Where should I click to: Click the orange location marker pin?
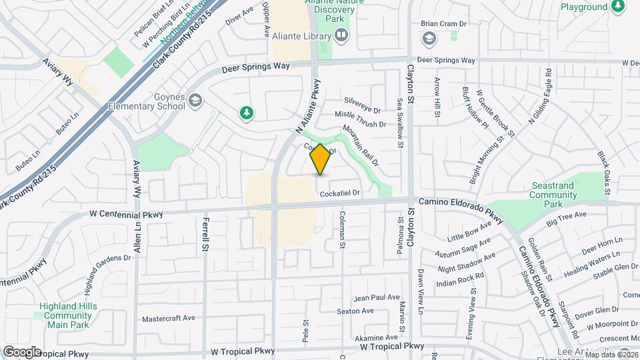320,159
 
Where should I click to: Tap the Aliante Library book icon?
341,35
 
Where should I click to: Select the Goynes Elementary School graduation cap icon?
195,101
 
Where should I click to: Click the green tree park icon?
247,113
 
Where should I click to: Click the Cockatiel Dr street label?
340,193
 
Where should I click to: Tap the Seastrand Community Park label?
553,195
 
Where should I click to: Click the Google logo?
21,352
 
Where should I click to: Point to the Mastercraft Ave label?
168,319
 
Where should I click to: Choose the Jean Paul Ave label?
377,297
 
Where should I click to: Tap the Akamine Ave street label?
377,338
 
